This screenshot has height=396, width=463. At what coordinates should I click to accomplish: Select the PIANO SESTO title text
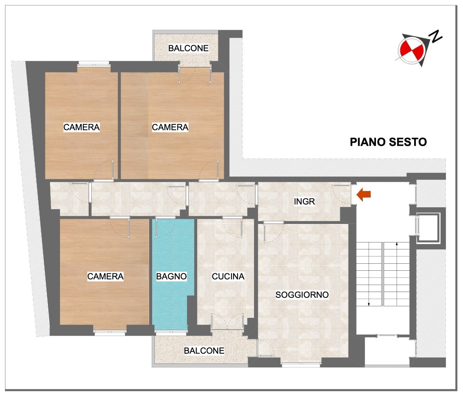(388, 142)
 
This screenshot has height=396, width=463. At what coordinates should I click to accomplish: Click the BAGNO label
(171, 276)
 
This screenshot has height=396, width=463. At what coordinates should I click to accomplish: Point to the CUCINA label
(228, 276)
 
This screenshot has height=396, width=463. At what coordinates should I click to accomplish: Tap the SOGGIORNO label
(302, 295)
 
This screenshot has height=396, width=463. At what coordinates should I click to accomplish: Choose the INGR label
(304, 201)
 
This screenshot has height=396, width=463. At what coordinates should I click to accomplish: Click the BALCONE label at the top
(189, 48)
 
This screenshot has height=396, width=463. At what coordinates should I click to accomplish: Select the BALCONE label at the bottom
(204, 351)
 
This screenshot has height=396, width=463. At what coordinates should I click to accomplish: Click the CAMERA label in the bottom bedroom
(105, 276)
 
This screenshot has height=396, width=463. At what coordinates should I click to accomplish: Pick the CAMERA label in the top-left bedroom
(82, 127)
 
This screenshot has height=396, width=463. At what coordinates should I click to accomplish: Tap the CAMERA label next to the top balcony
(170, 127)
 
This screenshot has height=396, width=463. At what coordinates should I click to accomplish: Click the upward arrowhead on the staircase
(397, 244)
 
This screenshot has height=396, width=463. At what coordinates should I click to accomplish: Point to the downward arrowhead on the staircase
(369, 304)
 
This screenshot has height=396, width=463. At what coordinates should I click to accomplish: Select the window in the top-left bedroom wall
(93, 63)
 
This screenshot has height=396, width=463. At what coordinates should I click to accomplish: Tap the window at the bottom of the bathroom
(171, 333)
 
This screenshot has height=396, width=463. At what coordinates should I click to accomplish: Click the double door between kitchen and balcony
(227, 322)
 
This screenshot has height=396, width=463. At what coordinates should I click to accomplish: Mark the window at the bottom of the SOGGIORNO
(300, 365)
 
